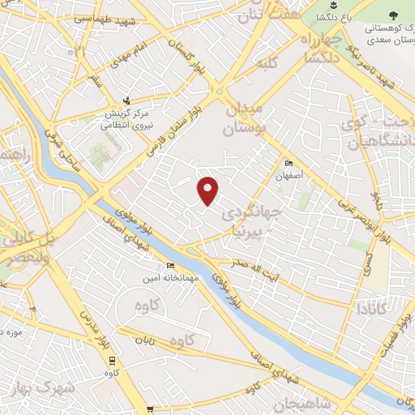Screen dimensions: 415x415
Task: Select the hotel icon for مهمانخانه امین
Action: [170, 265]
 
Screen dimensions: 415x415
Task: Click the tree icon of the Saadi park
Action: [393, 15]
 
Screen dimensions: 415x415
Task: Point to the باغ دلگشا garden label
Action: [334, 16]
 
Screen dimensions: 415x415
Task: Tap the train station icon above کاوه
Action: [111, 362]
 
